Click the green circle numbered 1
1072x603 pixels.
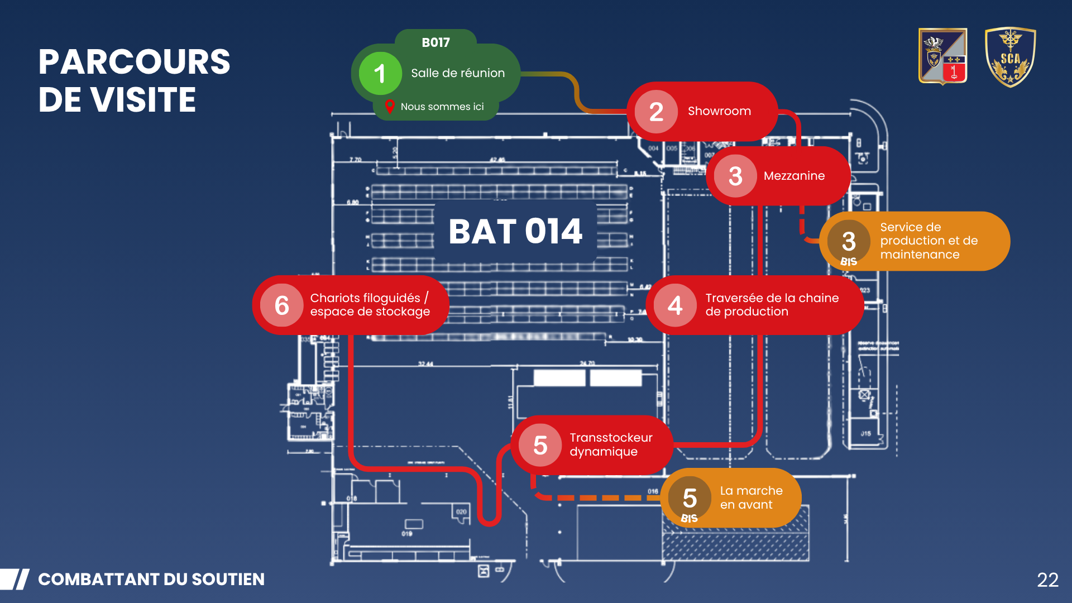tap(380, 73)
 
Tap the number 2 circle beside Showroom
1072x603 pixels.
tap(656, 112)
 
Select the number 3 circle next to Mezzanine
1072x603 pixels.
tap(735, 176)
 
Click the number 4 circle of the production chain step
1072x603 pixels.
tap(675, 305)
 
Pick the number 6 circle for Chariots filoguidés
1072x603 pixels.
tap(282, 305)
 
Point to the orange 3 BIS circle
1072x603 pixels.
tap(849, 242)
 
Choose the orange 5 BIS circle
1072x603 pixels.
tap(690, 499)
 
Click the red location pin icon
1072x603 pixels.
tap(390, 106)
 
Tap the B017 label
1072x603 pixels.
tap(435, 42)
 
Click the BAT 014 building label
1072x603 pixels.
tap(515, 231)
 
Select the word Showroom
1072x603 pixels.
tap(719, 111)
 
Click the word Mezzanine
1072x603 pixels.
tap(794, 176)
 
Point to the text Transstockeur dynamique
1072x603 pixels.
tap(611, 444)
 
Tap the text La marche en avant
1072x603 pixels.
tap(751, 497)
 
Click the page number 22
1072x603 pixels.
tap(1047, 580)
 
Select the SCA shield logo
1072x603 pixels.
tap(1010, 57)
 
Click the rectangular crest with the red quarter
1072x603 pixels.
tap(942, 56)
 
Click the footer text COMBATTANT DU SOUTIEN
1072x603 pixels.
tap(151, 580)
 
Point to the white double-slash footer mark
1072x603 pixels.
tap(15, 580)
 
